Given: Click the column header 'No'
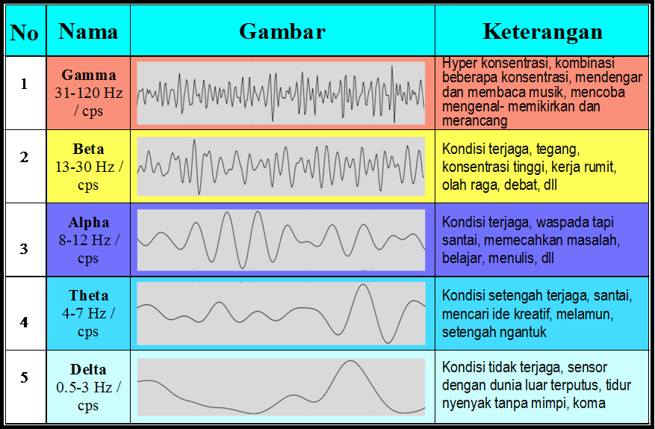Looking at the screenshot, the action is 24,33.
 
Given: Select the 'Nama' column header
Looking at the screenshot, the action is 88,31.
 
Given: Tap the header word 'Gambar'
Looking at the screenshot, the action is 282,31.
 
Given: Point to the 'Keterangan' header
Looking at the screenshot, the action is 543,32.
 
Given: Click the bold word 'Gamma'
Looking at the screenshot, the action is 89,75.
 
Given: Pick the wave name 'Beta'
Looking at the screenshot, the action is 88,149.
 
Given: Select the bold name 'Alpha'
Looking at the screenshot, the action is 89,223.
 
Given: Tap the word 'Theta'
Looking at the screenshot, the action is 89,296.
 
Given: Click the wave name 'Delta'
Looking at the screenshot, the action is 88,370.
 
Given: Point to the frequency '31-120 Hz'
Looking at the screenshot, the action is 89,93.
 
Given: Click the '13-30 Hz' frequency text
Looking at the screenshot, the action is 85,167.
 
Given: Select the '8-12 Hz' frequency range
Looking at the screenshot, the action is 84,241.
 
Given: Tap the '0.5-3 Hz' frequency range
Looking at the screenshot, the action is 84,388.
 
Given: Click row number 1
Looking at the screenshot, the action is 24,84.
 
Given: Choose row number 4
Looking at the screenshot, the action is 24,322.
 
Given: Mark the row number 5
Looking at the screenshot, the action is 24,377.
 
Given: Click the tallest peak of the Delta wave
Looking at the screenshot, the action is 351,361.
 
